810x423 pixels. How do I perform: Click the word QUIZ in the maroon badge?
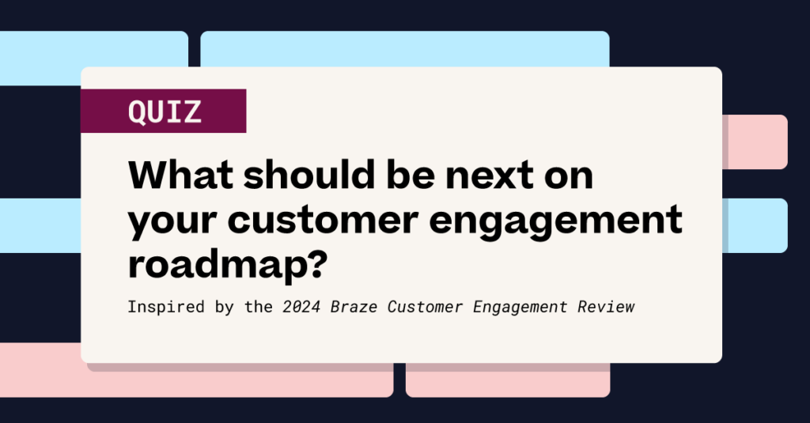point(165,111)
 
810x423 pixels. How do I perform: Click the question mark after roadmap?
point(315,263)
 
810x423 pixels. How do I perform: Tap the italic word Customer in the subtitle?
point(424,306)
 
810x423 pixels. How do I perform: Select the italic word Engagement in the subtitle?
point(518,307)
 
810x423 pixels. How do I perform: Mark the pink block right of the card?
point(755,142)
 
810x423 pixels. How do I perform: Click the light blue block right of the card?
point(755,225)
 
